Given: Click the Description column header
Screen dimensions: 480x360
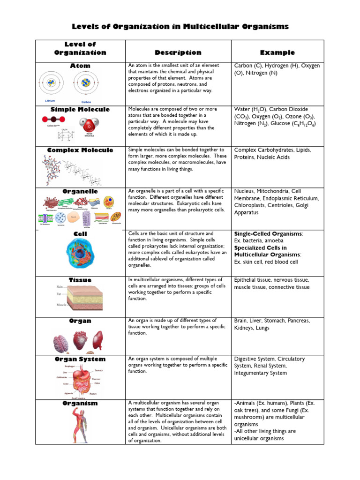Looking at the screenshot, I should pyautogui.click(x=178, y=52).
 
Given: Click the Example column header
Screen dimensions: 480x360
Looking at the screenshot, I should pyautogui.click(x=277, y=52).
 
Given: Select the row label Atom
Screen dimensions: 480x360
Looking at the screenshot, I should pyautogui.click(x=80, y=66).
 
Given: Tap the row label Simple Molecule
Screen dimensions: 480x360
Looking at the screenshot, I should pyautogui.click(x=80, y=109).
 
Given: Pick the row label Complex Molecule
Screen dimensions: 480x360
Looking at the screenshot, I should pyautogui.click(x=80, y=150).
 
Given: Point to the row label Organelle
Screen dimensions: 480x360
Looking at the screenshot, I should pyautogui.click(x=80, y=191).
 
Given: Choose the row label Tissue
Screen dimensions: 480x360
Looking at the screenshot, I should pyautogui.click(x=80, y=280).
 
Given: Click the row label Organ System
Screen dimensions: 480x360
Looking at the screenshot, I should pyautogui.click(x=80, y=359).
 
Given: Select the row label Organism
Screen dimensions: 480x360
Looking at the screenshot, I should pyautogui.click(x=80, y=403).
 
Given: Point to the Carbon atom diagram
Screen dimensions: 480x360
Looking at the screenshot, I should pyautogui.click(x=86, y=83).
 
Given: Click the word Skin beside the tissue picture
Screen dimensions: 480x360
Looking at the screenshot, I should pyautogui.click(x=60, y=286).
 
